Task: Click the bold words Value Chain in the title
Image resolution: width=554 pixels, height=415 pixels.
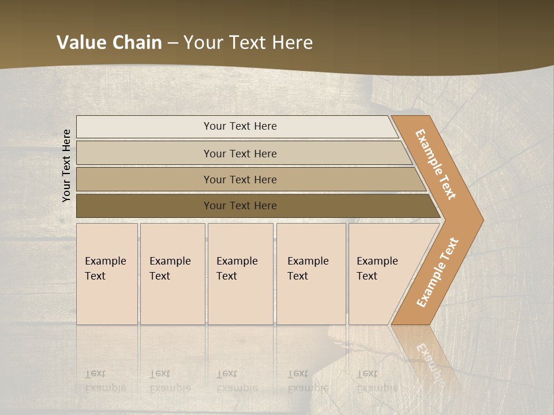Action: click(109, 43)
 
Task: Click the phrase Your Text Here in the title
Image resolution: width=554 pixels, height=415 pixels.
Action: click(248, 43)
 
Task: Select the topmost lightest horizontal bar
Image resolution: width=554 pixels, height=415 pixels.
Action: click(144, 127)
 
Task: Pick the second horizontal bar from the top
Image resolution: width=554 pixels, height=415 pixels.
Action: click(144, 153)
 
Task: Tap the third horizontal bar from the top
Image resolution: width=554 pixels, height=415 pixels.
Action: click(144, 179)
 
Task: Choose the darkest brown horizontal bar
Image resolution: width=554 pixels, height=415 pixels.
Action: click(144, 206)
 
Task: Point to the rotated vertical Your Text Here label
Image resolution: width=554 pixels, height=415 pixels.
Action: click(67, 165)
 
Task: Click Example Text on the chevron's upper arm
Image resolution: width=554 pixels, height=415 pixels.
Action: click(436, 164)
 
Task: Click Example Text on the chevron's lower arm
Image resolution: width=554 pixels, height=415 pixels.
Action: click(437, 272)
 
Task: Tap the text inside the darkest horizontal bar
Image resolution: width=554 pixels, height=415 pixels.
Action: click(240, 206)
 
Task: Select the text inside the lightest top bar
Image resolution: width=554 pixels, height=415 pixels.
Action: click(240, 126)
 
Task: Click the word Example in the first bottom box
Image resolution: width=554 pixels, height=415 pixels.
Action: click(105, 261)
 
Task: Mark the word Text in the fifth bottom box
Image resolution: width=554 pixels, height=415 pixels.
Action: click(367, 276)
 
